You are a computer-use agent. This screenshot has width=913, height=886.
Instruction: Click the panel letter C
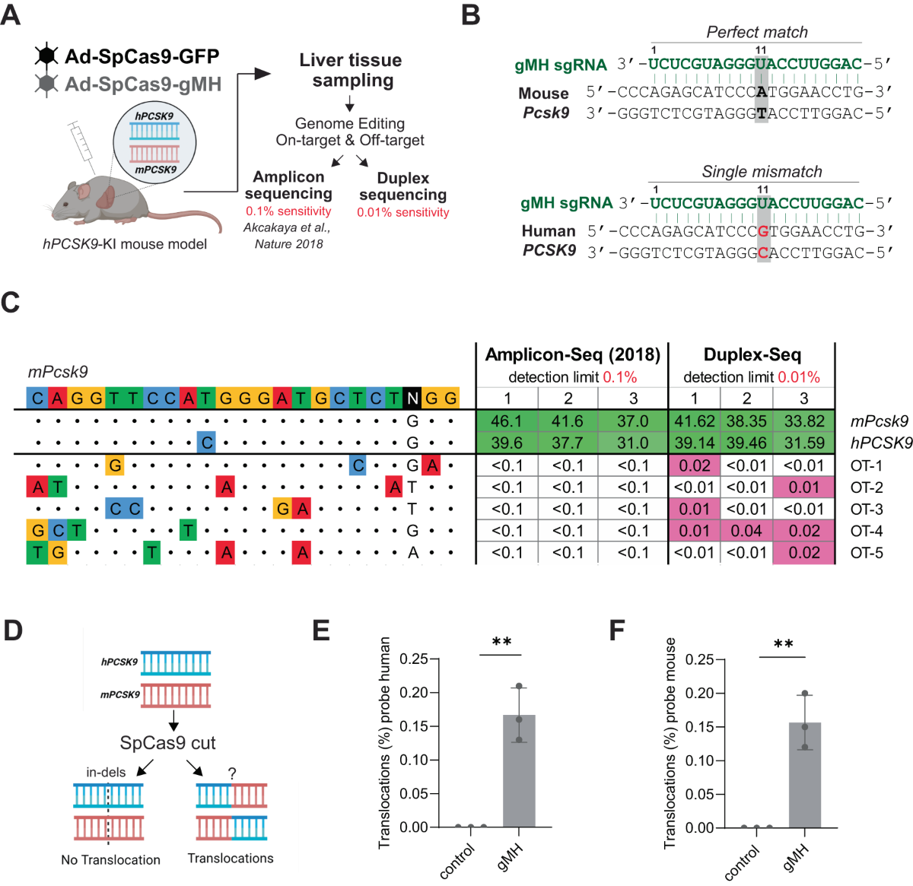pyautogui.click(x=10, y=303)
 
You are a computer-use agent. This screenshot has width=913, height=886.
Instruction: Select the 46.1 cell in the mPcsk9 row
pyautogui.click(x=507, y=421)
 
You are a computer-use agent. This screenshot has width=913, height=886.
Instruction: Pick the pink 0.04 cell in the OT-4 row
pyautogui.click(x=746, y=531)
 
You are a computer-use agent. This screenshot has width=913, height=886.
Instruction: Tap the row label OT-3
pyautogui.click(x=867, y=509)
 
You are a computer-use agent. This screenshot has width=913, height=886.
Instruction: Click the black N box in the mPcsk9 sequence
pyautogui.click(x=412, y=398)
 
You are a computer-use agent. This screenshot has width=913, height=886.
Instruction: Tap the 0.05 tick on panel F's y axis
pyautogui.click(x=699, y=794)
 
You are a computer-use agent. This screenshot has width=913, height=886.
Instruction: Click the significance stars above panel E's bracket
pyautogui.click(x=501, y=643)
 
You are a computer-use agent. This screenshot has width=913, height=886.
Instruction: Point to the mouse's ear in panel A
pyautogui.click(x=103, y=198)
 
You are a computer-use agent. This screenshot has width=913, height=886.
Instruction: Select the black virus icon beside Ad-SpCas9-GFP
pyautogui.click(x=47, y=56)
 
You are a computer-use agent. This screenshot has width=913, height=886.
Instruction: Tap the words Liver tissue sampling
pyautogui.click(x=350, y=70)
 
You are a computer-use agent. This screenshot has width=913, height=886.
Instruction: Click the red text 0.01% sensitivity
pyautogui.click(x=403, y=212)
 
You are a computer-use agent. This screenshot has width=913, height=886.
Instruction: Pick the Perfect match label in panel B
pyautogui.click(x=756, y=32)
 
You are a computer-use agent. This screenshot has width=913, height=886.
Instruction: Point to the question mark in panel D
pyautogui.click(x=232, y=773)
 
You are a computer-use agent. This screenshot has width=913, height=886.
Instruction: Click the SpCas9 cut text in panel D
pyautogui.click(x=168, y=743)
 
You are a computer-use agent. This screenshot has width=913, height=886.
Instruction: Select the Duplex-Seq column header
pyautogui.click(x=752, y=354)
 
